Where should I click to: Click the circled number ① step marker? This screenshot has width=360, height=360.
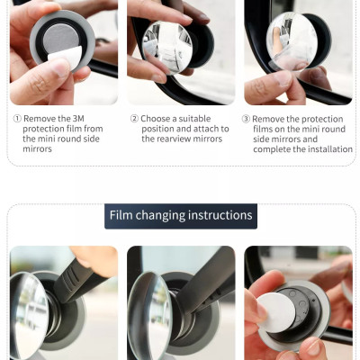(x=17, y=119)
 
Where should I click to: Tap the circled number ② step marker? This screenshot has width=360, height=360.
(x=134, y=119)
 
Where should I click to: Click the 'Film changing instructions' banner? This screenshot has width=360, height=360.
(x=180, y=215)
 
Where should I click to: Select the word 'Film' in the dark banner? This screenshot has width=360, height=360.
(x=121, y=215)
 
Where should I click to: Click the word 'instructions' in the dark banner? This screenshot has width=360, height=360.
(x=219, y=215)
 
